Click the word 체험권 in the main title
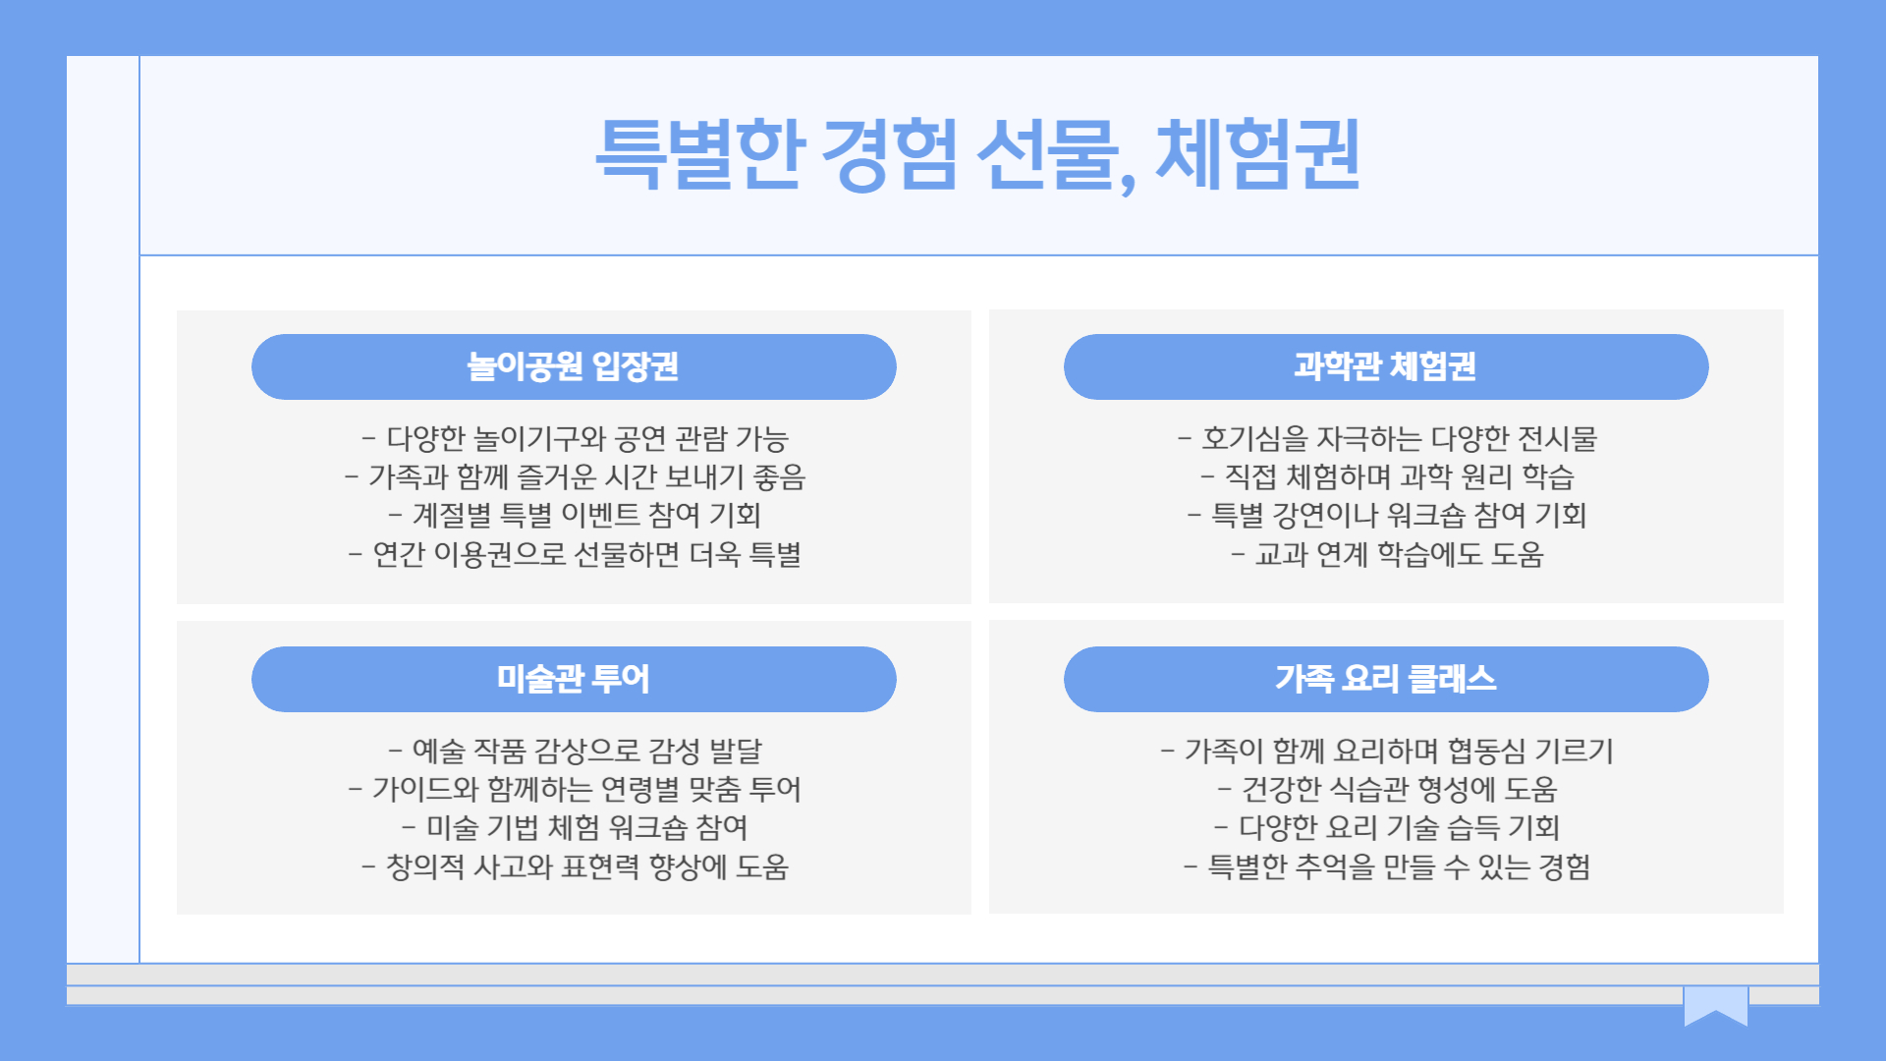[1258, 153]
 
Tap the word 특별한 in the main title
[699, 153]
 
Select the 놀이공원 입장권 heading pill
[574, 366]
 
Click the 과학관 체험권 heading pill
[1385, 366]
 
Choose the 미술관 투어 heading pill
[574, 679]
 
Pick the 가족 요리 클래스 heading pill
[1385, 679]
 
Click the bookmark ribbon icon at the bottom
[1715, 1005]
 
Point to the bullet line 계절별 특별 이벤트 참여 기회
[575, 515]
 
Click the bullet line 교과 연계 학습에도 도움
[1387, 554]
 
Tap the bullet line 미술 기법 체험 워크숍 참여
[575, 827]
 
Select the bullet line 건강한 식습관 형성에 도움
[1387, 789]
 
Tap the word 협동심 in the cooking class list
[1486, 751]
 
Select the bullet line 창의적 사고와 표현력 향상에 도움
[575, 866]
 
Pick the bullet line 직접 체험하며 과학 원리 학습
[1387, 476]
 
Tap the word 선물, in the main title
[1056, 153]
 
